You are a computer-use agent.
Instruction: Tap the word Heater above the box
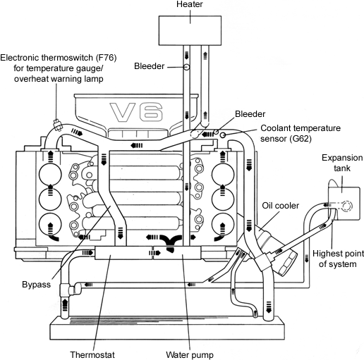point(190,4)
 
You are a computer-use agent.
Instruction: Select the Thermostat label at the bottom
point(92,354)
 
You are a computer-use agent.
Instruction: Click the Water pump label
point(190,354)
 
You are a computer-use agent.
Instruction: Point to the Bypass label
point(36,285)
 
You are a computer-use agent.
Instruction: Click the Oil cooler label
point(281,206)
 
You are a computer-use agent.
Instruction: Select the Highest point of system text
point(338,259)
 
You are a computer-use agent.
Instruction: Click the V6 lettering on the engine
point(136,112)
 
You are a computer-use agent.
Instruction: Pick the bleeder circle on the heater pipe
point(186,67)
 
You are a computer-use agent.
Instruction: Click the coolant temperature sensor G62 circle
point(223,135)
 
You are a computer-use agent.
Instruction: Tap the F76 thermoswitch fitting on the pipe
point(57,125)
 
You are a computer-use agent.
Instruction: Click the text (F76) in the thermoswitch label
point(106,58)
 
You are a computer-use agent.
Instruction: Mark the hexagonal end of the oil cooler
point(287,263)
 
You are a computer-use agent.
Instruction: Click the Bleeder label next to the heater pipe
point(149,66)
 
